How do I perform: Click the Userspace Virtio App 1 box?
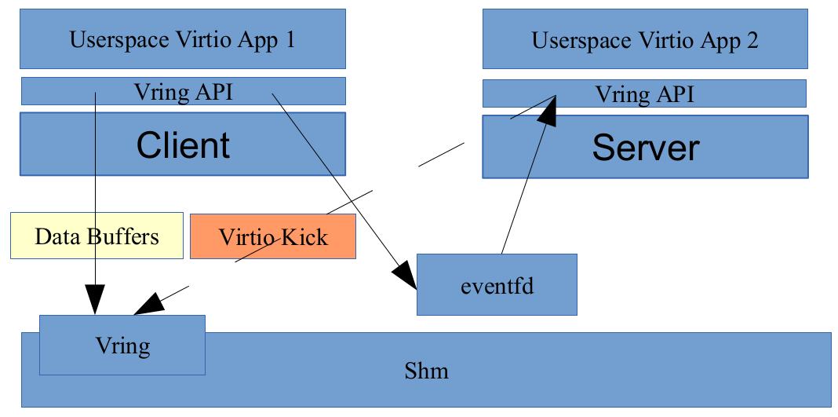coord(182,39)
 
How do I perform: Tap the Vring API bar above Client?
coord(182,91)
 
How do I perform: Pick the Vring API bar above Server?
coord(644,94)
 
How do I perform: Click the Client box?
coord(182,144)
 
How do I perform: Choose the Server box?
coord(644,148)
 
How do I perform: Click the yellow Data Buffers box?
coord(97,236)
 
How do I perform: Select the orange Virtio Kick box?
coord(272,236)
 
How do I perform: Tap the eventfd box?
coord(497,285)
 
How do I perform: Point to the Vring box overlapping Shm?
coord(122,345)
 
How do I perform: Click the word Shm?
coord(426,370)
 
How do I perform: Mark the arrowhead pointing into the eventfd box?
coord(405,279)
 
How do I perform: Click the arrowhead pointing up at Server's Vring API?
coord(549,110)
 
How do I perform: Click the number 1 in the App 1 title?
coord(289,40)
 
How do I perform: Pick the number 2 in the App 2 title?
coord(752,41)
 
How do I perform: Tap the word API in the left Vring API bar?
coord(214,92)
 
